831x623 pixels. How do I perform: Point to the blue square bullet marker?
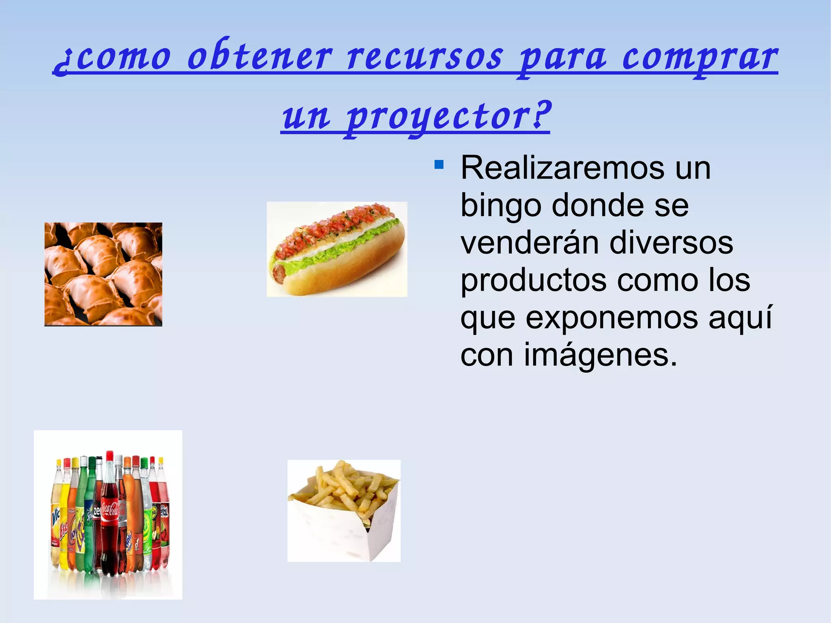coord(439,165)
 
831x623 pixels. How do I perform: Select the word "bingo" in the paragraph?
coord(501,206)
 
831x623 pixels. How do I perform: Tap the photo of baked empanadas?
coord(103,274)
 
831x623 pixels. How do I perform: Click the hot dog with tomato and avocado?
coord(337,249)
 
